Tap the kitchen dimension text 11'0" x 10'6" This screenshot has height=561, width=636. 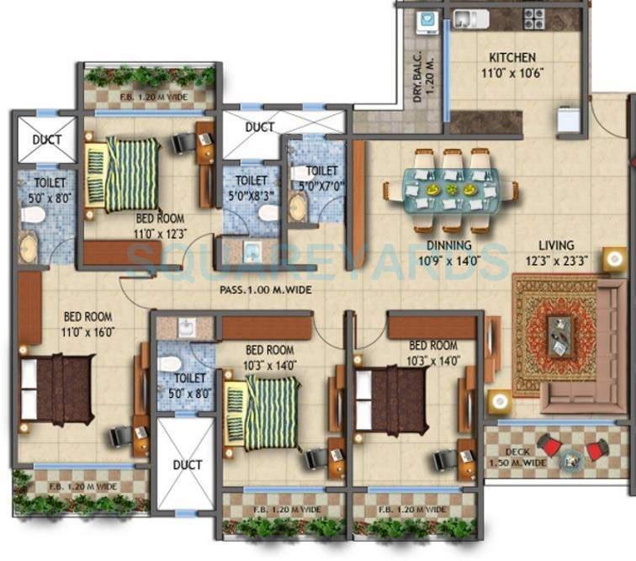[x=511, y=71]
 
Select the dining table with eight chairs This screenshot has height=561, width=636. [x=450, y=191]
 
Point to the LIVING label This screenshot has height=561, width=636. [x=557, y=246]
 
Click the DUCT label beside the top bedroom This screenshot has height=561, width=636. [x=261, y=128]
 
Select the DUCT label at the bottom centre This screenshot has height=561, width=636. [x=187, y=465]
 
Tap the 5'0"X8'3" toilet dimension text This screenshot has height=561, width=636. [x=251, y=193]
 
